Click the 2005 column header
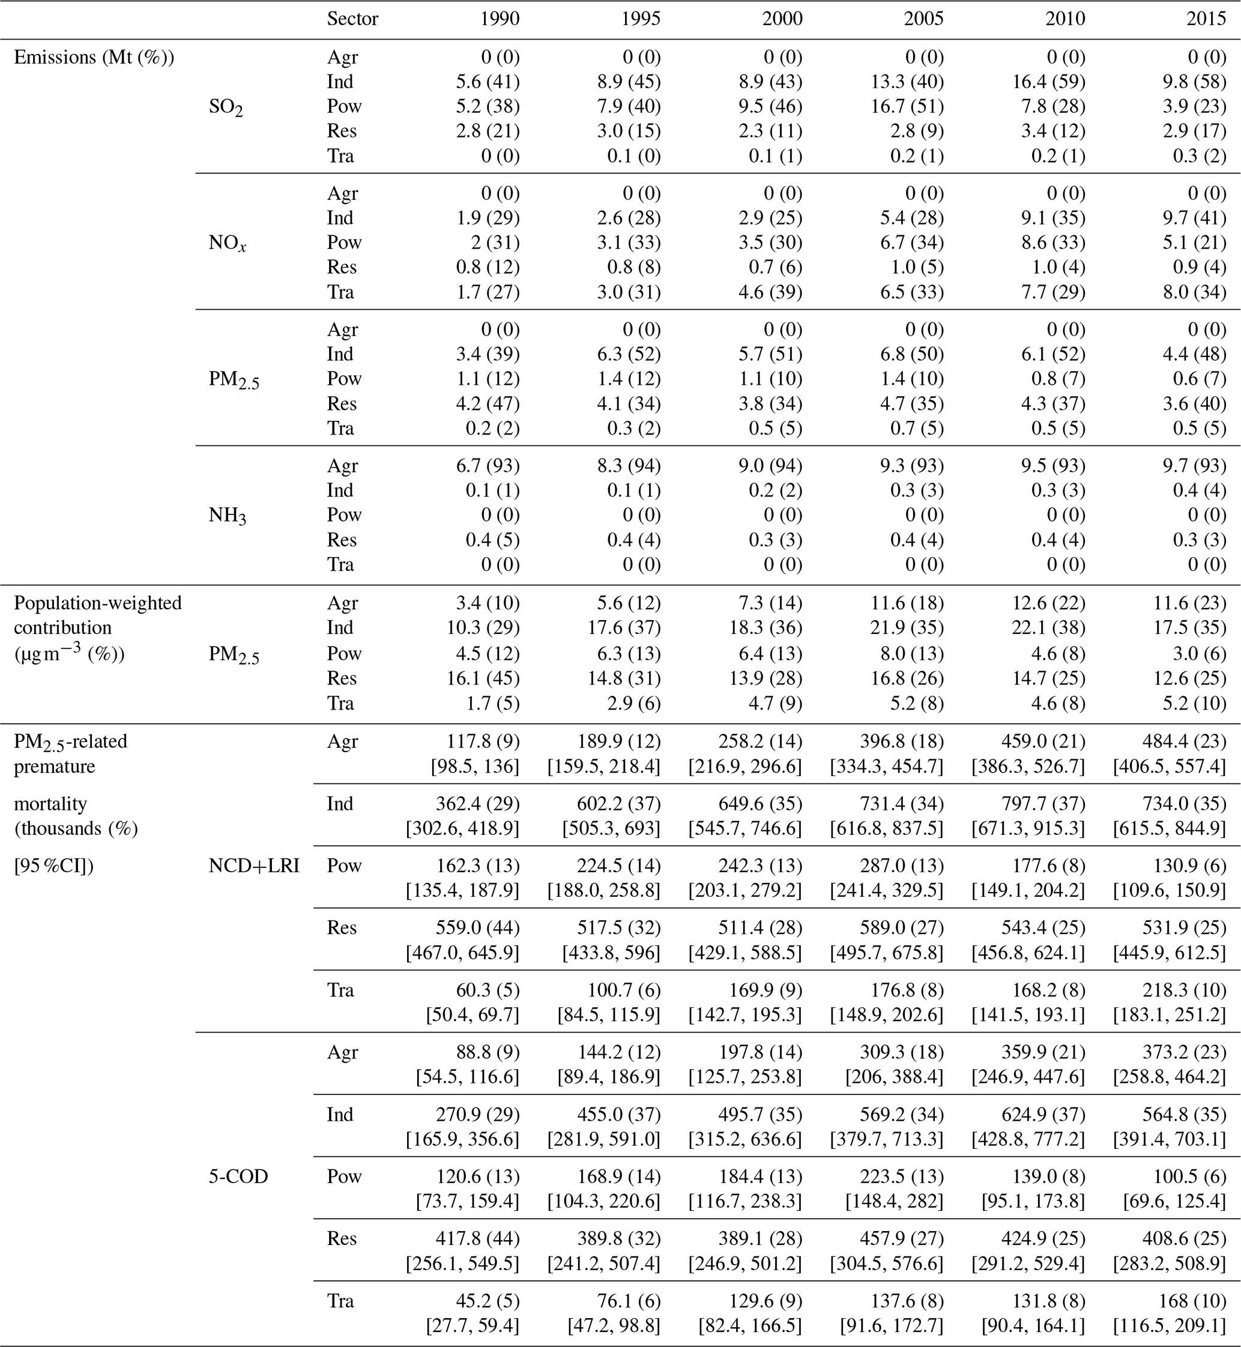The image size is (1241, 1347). point(923,19)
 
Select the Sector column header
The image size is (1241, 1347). point(352,19)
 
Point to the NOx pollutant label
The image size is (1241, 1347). point(227,243)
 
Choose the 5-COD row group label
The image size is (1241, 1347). point(238,1177)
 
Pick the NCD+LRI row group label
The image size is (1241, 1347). point(254,866)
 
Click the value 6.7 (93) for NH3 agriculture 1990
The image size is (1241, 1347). point(492,465)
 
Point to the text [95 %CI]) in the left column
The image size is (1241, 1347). point(53,866)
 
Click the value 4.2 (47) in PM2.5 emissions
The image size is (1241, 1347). point(492,403)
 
